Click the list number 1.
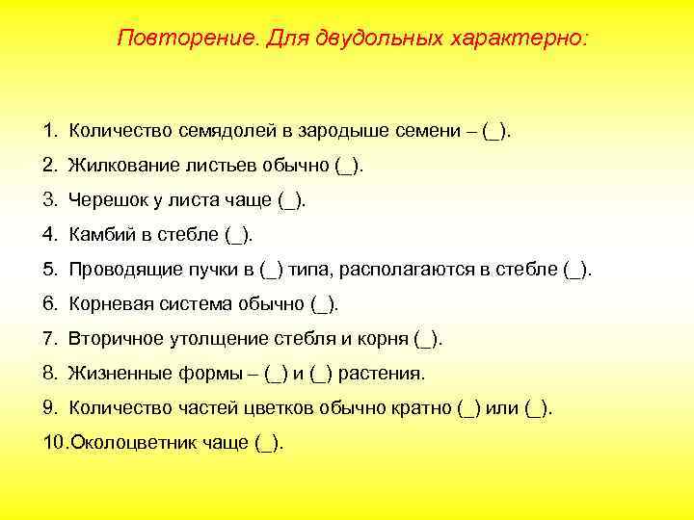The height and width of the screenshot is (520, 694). (x=49, y=130)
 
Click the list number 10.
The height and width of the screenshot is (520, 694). (x=54, y=442)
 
